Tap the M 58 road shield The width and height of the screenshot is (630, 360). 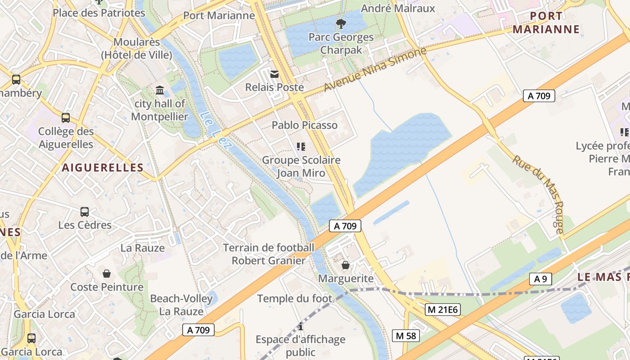[x=406, y=336]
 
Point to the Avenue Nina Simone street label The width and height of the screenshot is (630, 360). [x=374, y=69]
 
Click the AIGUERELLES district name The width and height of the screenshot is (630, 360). [x=103, y=168]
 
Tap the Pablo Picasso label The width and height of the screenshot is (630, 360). [x=305, y=125]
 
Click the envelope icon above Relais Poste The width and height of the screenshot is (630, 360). [x=274, y=74]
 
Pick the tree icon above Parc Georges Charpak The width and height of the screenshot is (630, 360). [x=341, y=23]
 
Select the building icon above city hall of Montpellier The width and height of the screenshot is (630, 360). [x=160, y=90]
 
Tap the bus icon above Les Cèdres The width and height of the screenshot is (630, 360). [x=85, y=211]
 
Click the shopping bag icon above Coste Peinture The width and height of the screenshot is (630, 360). [x=107, y=273]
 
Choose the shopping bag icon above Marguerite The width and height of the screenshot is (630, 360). [x=346, y=265]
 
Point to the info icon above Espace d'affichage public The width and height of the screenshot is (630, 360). [x=301, y=326]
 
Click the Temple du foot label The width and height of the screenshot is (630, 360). [x=295, y=298]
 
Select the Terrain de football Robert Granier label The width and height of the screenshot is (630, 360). [x=269, y=254]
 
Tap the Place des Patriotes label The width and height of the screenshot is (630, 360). [x=99, y=13]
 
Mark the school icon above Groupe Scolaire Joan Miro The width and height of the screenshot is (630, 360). [x=301, y=146]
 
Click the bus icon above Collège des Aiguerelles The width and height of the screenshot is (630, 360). [x=66, y=118]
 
